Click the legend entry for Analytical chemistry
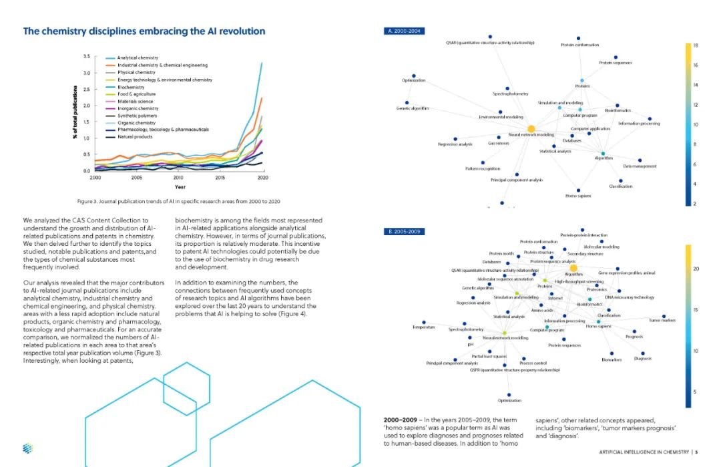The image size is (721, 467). (138, 58)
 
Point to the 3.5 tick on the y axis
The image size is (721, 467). (87, 56)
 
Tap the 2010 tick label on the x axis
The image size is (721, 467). (178, 178)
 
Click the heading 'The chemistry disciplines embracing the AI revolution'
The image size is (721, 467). (144, 31)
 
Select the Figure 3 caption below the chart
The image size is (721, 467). (178, 201)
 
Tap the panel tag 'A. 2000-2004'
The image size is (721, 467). (403, 31)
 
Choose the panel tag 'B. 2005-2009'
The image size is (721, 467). (403, 231)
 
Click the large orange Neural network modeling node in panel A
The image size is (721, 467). (531, 128)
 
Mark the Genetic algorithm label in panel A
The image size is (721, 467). (413, 108)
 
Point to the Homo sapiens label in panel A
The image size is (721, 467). (578, 195)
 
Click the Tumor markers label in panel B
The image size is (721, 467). (662, 321)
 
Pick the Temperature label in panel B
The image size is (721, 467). (424, 327)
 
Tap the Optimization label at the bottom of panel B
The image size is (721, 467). (509, 400)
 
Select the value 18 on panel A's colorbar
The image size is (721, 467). (695, 45)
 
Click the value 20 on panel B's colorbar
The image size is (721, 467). (695, 269)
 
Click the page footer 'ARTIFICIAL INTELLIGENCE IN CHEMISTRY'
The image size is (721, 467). (644, 452)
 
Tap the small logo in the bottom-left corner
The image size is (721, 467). (27, 448)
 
